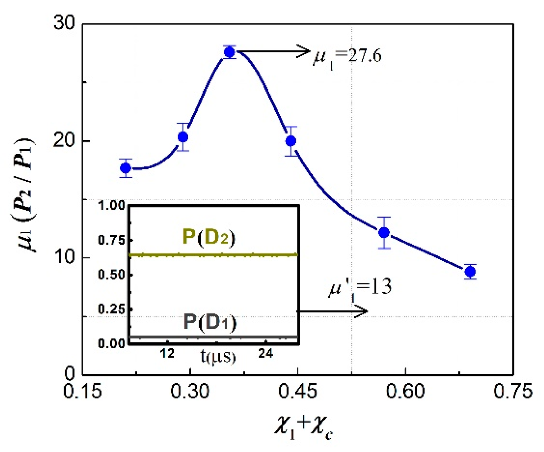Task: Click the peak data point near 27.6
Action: [230, 52]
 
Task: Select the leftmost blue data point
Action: [125, 168]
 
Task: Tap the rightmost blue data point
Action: [470, 272]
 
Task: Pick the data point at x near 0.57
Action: [384, 233]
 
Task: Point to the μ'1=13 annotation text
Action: [360, 288]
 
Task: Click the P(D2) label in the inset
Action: [209, 237]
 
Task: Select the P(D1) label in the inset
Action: [210, 322]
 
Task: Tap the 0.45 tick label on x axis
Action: [297, 391]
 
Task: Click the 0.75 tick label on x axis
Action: [513, 391]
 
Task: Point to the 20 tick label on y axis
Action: [64, 141]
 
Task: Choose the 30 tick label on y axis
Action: [64, 23]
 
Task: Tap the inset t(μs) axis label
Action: [218, 356]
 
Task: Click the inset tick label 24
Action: [266, 353]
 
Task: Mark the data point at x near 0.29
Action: [183, 137]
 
